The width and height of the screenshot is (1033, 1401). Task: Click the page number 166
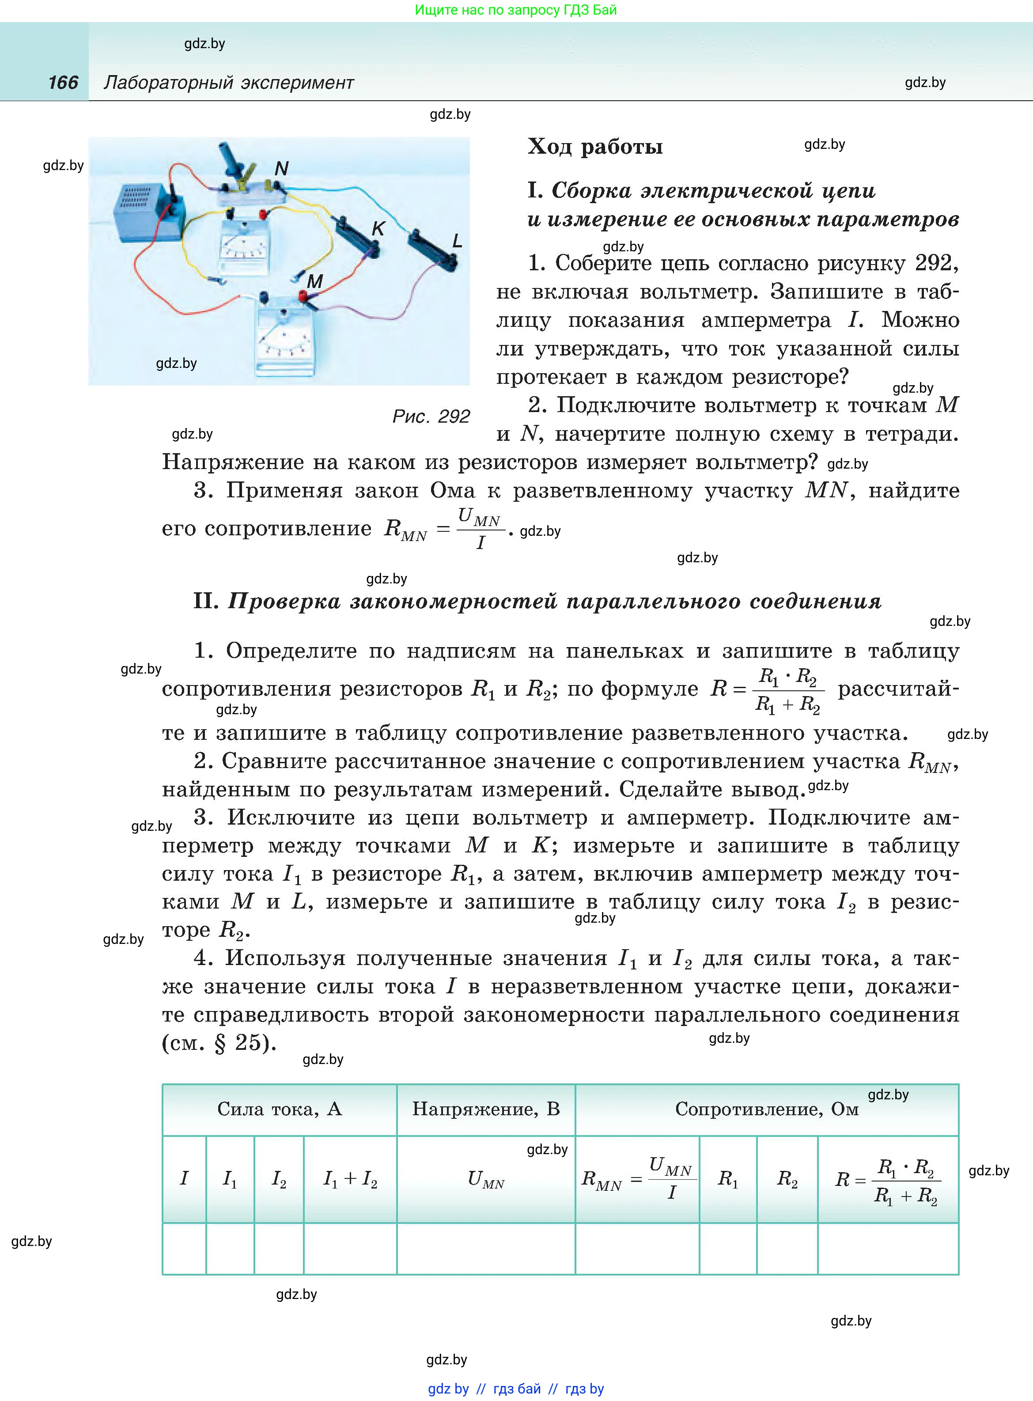click(63, 83)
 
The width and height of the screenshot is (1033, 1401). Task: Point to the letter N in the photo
click(281, 168)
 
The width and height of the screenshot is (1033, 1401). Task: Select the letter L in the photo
click(457, 241)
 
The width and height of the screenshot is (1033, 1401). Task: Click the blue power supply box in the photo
click(144, 212)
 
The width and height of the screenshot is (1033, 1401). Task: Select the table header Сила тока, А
click(279, 1109)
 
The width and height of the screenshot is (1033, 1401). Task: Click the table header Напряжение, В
click(486, 1109)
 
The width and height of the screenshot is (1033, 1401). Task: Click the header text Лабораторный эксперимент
click(229, 83)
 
